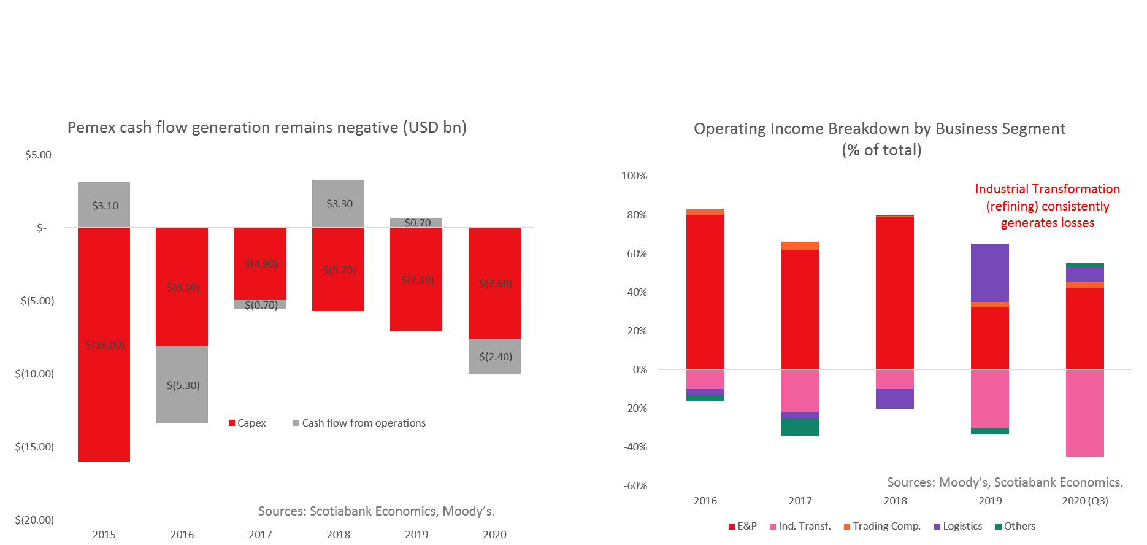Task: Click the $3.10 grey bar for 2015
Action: pos(104,205)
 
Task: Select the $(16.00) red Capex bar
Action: pos(104,344)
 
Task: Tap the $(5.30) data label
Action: pos(183,385)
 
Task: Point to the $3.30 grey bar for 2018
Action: pos(338,204)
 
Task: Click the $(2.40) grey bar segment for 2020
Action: pos(494,357)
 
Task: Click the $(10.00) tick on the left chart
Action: pos(34,374)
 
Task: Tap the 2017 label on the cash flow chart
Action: pos(260,535)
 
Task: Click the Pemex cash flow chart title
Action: pos(267,127)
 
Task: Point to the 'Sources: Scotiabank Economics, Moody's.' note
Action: pos(376,511)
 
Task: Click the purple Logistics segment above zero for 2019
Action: pos(990,272)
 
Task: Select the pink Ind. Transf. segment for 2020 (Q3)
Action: pos(1084,413)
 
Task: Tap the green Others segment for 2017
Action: pos(800,427)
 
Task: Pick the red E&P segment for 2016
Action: pos(705,292)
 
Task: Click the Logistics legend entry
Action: pos(958,526)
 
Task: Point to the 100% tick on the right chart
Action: pos(634,176)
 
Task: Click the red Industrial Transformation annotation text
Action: pos(1047,206)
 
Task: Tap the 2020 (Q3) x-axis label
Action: pos(1084,501)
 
